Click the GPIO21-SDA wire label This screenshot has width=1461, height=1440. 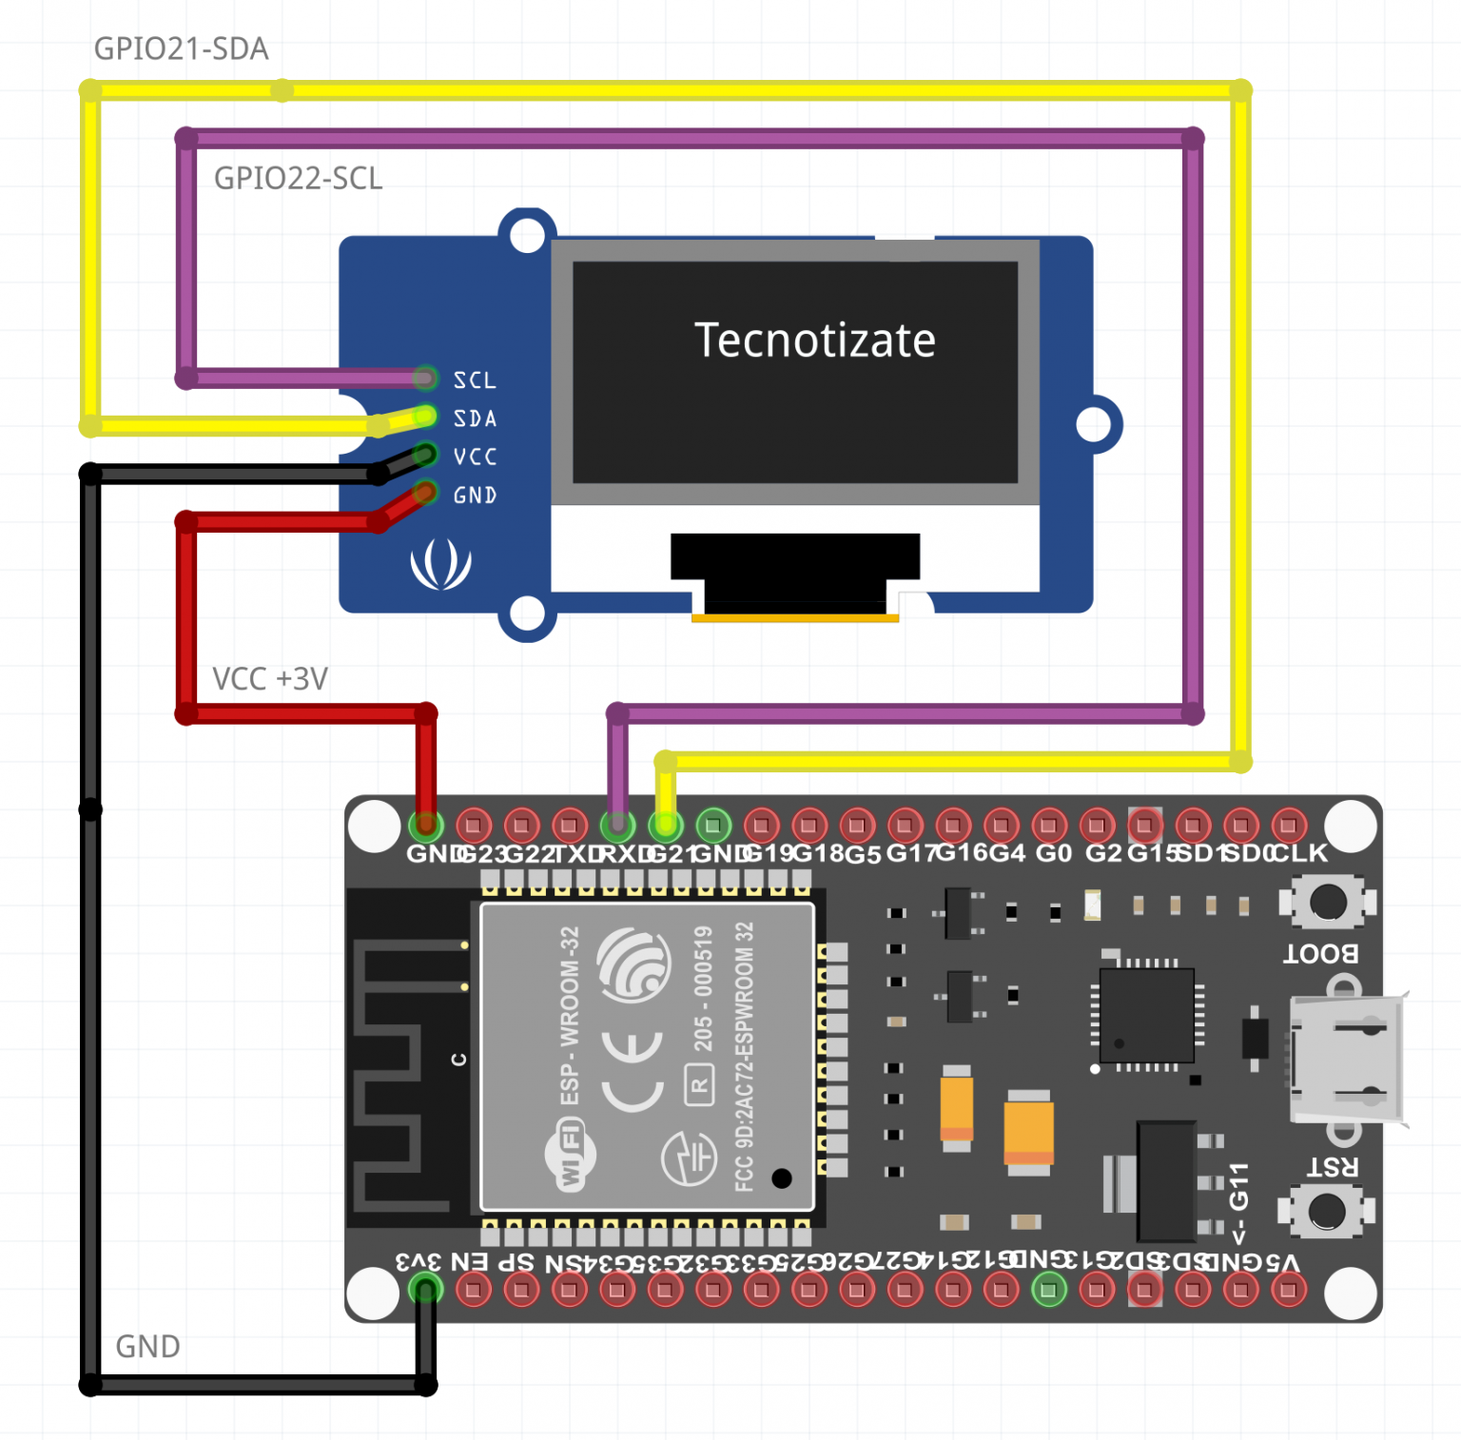coord(181,49)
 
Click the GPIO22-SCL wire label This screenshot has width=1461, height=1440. coord(298,178)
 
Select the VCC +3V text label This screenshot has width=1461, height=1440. coord(269,679)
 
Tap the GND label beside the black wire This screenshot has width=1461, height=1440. coord(147,1347)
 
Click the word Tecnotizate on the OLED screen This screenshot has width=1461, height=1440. coord(814,341)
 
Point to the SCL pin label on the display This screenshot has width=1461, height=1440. coord(475,380)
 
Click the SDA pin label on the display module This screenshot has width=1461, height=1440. coord(475,418)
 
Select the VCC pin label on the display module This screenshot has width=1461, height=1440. coord(475,457)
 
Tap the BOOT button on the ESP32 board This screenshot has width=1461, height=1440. coord(1328,902)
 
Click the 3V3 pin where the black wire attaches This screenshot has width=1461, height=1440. coord(425,1290)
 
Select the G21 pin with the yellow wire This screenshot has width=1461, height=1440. coord(666,825)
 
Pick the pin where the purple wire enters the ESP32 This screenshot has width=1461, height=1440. coord(618,825)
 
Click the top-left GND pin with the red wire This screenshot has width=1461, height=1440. coord(426,825)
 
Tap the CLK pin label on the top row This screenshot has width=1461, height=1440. coord(1299,853)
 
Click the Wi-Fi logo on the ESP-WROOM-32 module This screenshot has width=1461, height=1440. coord(570,1156)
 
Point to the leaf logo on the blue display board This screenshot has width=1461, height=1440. coord(440,564)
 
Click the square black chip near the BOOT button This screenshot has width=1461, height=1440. coord(1146,1016)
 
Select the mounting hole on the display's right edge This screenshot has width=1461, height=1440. coord(1094,424)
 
